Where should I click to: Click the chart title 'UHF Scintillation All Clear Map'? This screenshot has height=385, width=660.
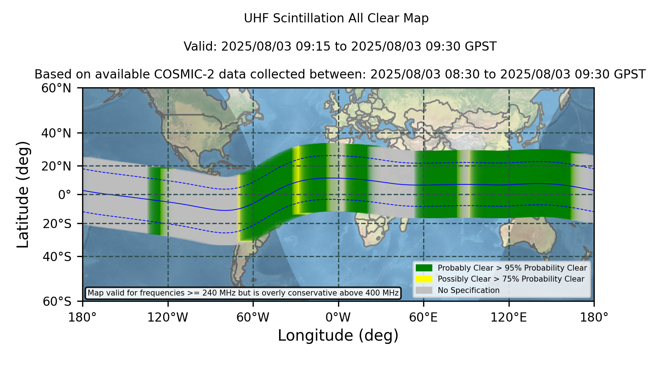336,18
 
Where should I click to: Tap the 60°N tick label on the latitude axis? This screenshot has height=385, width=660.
56,88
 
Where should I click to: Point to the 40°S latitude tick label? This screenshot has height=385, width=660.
57,257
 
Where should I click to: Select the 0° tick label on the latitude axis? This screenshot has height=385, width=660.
65,195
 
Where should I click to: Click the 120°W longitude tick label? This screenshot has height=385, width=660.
168,318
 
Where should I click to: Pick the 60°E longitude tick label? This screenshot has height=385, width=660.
423,318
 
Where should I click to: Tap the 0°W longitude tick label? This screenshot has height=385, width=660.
338,318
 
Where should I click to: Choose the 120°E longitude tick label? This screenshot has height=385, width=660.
509,318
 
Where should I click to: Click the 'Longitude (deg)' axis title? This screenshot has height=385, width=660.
338,335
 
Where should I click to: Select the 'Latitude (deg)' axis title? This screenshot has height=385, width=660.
23,194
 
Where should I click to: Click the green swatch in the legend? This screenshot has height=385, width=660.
424,268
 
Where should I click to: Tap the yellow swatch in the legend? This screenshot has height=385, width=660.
424,279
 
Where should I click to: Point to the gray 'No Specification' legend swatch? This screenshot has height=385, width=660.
424,290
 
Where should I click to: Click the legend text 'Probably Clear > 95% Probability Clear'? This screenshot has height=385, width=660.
512,268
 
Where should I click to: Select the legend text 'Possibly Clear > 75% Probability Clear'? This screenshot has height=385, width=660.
511,279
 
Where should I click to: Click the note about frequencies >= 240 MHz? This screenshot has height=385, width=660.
243,293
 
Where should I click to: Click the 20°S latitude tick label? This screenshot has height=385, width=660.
57,224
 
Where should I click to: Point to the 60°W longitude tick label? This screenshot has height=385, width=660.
253,318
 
